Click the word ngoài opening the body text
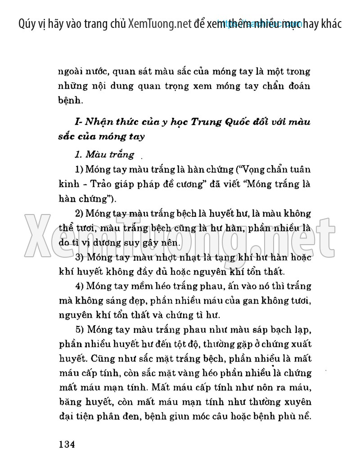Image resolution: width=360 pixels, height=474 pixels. pyautogui.click(x=71, y=72)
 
